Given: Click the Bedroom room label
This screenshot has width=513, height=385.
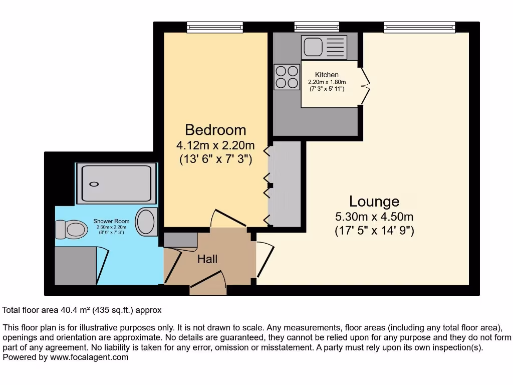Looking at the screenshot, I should [215, 130].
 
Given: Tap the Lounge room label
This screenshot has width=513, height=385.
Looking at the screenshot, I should [374, 202].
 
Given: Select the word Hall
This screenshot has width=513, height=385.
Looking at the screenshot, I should [207, 259].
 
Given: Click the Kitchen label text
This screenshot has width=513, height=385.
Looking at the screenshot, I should [327, 75].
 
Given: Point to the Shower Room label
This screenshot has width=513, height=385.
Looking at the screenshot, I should [111, 221].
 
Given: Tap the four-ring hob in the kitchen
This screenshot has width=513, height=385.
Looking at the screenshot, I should [287, 77].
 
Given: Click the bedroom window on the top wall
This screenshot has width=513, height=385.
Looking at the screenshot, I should [214, 27].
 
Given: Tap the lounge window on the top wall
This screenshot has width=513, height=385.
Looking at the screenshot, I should [419, 27].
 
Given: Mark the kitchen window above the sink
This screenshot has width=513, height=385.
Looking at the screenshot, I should [317, 27].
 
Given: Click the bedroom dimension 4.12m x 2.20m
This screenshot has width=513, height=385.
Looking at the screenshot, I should [215, 146].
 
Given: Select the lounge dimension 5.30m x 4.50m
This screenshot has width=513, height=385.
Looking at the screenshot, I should [374, 217].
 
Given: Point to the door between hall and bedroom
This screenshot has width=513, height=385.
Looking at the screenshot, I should [228, 218].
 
